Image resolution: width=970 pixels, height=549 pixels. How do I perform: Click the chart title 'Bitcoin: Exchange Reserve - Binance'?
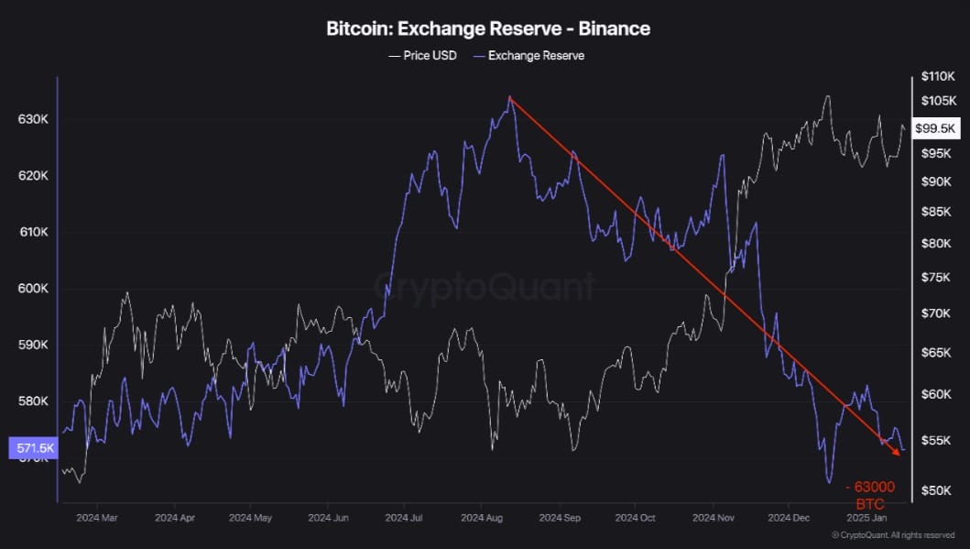(488, 28)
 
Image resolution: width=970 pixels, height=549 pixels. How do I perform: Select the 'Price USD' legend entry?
(422, 56)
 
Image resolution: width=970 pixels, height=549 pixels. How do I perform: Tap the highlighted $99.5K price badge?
(935, 128)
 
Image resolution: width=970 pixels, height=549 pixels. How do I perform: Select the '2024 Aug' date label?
(482, 518)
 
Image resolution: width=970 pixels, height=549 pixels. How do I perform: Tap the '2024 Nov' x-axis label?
(714, 518)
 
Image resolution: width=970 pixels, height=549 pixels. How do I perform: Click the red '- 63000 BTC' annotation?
(869, 495)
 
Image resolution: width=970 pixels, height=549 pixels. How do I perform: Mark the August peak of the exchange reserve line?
(509, 97)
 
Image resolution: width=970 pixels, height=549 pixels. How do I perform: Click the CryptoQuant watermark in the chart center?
(485, 288)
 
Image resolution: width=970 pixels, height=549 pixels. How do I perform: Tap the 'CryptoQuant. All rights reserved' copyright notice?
(893, 535)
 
